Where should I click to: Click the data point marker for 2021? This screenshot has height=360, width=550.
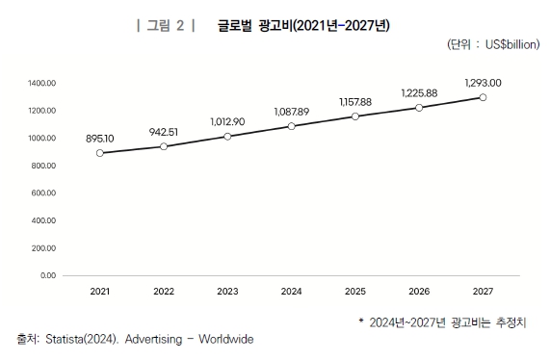tap(100, 153)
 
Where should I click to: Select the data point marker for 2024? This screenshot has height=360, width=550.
tap(292, 126)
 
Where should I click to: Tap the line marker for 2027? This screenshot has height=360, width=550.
tap(483, 98)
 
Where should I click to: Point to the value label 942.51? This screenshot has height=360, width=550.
tap(164, 132)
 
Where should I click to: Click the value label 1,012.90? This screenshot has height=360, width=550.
tap(227, 122)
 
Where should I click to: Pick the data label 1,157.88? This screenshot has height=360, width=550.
tap(355, 102)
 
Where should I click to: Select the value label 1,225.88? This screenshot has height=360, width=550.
tap(419, 93)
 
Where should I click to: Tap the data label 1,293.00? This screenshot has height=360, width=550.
tap(483, 83)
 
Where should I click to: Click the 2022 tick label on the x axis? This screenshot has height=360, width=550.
tap(164, 291)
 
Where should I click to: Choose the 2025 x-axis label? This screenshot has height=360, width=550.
tap(355, 291)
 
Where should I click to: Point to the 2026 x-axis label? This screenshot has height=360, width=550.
tap(419, 291)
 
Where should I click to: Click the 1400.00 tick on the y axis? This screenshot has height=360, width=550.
tap(43, 84)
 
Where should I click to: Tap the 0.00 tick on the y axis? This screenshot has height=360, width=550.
tap(48, 276)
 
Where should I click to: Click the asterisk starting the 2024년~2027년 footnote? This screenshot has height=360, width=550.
tap(359, 321)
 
